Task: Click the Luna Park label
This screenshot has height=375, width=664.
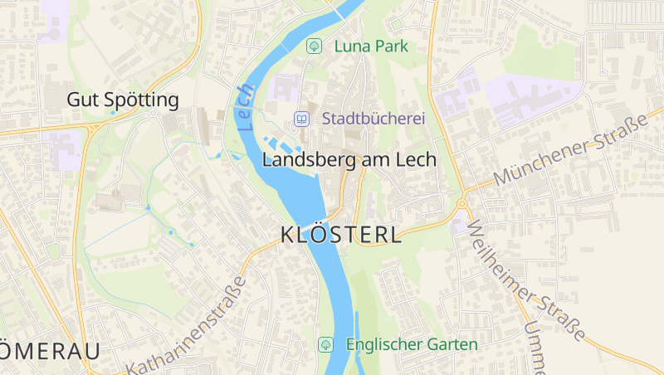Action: [x=371, y=46]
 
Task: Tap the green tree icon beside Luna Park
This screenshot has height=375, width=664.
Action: [x=314, y=46]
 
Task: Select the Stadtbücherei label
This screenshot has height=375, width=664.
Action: [x=373, y=119]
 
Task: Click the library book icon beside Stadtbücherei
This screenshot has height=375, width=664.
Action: [x=302, y=119]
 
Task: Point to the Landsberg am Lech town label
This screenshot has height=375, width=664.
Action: [x=349, y=160]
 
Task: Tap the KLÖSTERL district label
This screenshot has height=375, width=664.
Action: [x=342, y=235]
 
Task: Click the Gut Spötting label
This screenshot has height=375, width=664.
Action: [x=123, y=100]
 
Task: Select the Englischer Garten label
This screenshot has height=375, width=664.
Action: [x=412, y=343]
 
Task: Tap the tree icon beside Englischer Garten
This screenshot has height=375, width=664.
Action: [x=326, y=343]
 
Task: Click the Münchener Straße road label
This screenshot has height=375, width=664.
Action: [x=569, y=151]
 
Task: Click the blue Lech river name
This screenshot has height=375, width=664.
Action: [x=245, y=109]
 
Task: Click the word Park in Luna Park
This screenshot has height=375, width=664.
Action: [x=391, y=46]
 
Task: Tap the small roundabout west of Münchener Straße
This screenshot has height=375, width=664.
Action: [x=461, y=203]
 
